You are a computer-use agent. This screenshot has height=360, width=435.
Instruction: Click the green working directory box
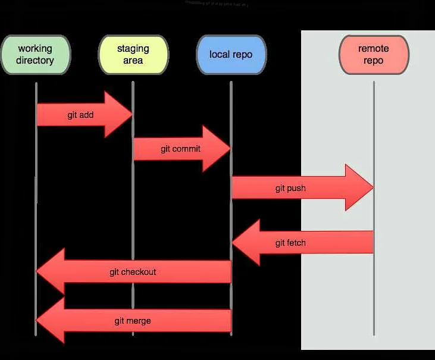[x=36, y=54]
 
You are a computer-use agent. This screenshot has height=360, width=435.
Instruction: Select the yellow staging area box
[x=133, y=54]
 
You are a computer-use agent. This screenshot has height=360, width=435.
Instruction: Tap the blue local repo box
[x=231, y=54]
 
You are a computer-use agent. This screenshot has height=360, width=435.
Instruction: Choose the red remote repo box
[x=374, y=54]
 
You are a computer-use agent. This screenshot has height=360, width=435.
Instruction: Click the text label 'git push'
[x=290, y=188]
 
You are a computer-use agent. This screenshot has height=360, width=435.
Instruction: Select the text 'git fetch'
[x=290, y=243]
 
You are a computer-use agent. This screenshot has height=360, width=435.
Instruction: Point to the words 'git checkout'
[x=133, y=272]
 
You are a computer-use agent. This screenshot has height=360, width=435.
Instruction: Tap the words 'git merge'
[x=133, y=321]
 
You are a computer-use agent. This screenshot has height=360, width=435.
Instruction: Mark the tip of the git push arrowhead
[x=373, y=188]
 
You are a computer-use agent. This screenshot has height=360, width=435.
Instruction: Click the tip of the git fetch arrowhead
[x=233, y=243]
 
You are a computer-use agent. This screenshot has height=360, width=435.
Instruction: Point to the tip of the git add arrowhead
[x=132, y=115]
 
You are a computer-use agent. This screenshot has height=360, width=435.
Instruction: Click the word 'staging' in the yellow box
[x=133, y=49]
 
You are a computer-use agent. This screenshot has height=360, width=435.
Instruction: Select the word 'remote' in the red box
[x=374, y=49]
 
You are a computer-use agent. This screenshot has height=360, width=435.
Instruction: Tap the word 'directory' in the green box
[x=35, y=60]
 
